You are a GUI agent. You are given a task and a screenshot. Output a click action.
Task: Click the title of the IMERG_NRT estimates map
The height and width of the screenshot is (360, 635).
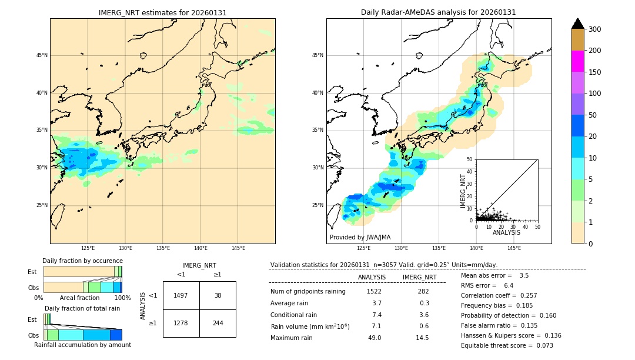point(162,12)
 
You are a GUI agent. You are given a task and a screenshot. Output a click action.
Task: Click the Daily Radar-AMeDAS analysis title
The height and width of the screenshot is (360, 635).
point(438,12)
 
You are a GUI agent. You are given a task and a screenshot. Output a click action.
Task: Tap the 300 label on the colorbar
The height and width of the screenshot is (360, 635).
point(595,29)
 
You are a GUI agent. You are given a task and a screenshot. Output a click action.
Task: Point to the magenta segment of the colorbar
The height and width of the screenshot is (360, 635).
point(578,61)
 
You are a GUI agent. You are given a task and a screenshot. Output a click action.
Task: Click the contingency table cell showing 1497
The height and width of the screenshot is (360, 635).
point(181,295)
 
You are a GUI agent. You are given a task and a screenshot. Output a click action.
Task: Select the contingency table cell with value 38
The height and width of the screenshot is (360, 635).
point(218,295)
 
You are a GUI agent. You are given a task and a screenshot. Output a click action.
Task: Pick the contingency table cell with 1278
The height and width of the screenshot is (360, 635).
point(181,323)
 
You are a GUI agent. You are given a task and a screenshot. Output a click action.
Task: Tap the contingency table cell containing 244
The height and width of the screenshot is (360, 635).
point(218,323)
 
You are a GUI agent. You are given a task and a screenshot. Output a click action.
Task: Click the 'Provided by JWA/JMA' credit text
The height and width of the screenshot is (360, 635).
point(360,238)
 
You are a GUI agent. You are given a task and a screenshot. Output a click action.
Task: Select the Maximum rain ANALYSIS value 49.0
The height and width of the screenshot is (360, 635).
point(374,338)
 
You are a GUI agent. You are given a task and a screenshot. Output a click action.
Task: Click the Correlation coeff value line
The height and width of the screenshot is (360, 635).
point(499,295)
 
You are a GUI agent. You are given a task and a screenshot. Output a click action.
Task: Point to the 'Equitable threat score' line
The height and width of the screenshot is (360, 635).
point(507,345)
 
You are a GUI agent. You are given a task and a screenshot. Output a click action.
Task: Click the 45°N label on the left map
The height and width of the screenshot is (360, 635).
point(41,55)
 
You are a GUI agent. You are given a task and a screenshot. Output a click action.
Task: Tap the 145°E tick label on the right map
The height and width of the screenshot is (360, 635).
point(514,249)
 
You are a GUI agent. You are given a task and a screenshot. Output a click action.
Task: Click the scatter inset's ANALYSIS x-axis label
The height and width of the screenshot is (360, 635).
point(506,232)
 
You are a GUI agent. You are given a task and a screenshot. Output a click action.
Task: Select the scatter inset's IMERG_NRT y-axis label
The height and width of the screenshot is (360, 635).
point(463,190)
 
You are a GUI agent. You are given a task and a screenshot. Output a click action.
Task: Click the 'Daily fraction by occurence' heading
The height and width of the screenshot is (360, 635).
point(82,261)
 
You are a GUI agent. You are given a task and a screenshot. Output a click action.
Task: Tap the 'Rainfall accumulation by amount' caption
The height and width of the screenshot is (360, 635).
point(82,345)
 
